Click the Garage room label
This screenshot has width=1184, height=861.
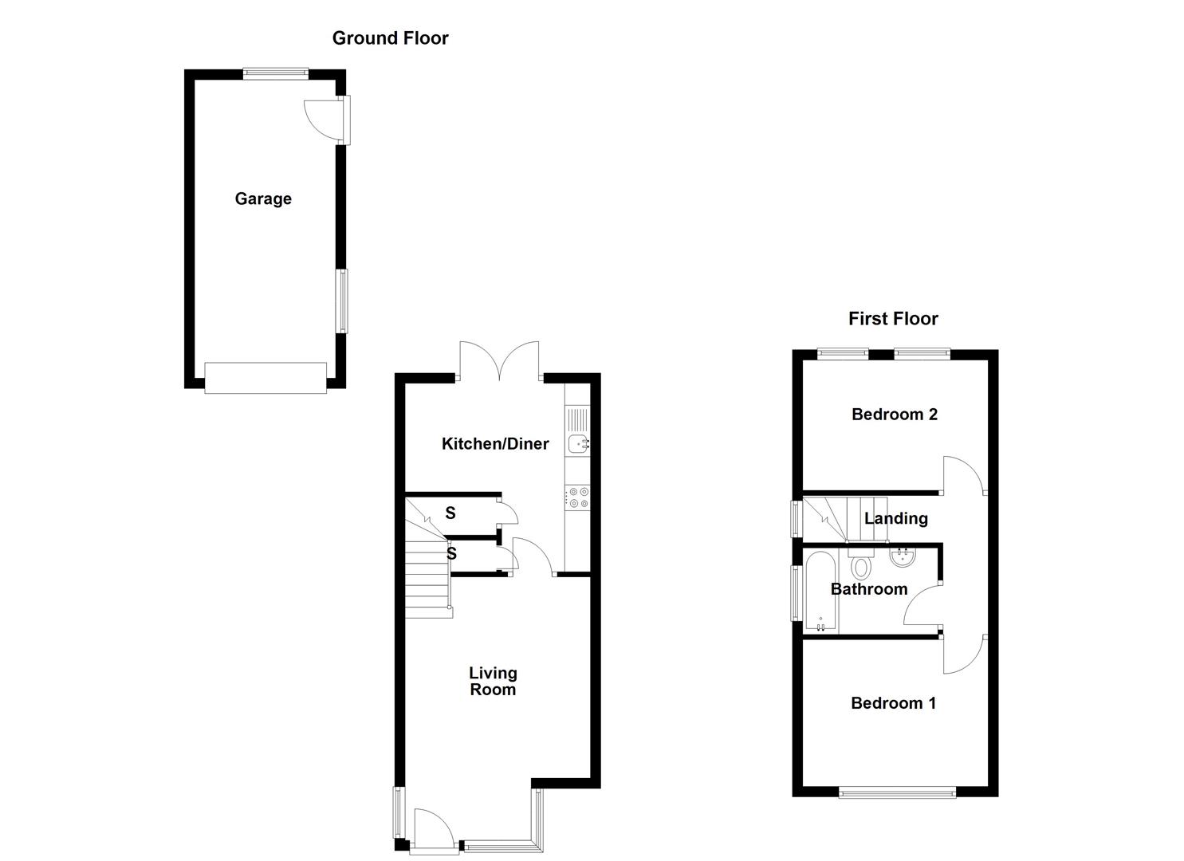point(263,199)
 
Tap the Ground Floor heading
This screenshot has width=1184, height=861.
point(390,37)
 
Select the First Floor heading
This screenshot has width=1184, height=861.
point(892,318)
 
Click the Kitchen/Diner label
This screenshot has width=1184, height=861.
point(495,443)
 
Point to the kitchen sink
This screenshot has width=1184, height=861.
point(577,443)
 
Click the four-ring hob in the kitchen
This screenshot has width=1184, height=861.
point(577,497)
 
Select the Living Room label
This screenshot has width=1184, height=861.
point(493,682)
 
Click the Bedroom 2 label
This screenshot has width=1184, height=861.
point(894,414)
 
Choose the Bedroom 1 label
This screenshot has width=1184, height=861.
point(893,702)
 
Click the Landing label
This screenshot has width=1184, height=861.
point(896,518)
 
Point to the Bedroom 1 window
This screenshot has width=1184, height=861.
point(897,792)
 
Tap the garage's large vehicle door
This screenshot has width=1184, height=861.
point(266,377)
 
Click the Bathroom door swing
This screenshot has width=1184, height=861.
point(923,606)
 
